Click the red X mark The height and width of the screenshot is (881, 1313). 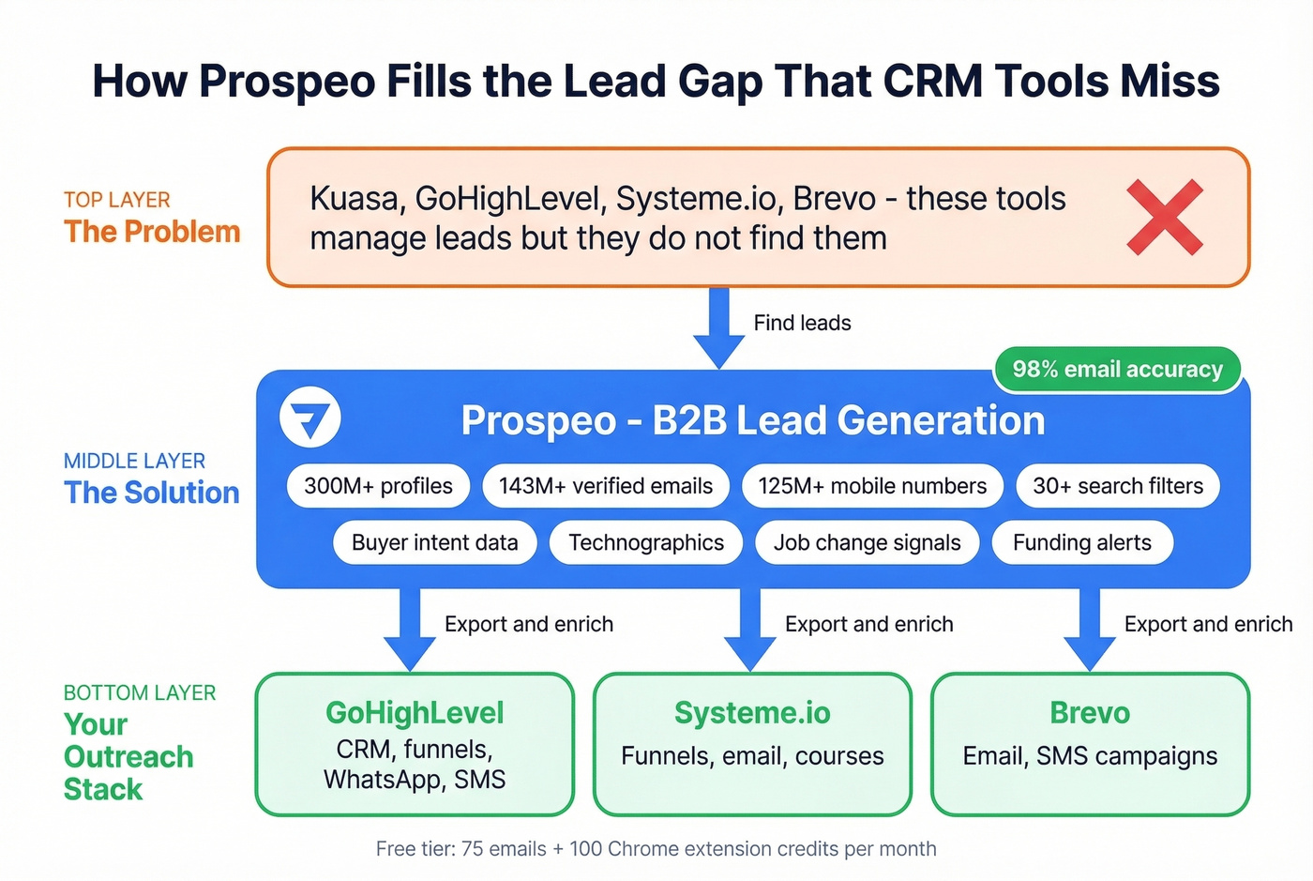point(1165,217)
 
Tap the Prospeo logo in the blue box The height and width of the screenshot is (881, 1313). point(310,418)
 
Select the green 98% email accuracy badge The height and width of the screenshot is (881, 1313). point(1117,370)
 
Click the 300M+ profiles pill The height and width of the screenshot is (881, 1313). point(378,486)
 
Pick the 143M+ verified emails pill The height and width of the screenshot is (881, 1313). point(606,486)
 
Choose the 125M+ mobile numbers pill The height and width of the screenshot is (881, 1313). point(872,486)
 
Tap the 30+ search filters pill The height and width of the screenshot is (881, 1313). point(1118,486)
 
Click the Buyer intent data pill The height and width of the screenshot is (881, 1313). point(435,543)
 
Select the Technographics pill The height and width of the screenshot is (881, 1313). point(646,543)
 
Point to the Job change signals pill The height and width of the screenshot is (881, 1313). point(868,543)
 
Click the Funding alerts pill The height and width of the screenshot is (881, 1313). point(1082,543)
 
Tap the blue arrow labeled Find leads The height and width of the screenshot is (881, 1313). point(719,328)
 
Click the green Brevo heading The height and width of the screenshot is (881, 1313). point(1090,713)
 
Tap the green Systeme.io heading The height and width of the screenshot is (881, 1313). point(752,713)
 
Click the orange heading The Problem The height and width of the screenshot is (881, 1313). point(152,232)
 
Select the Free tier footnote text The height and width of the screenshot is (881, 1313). point(656,849)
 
